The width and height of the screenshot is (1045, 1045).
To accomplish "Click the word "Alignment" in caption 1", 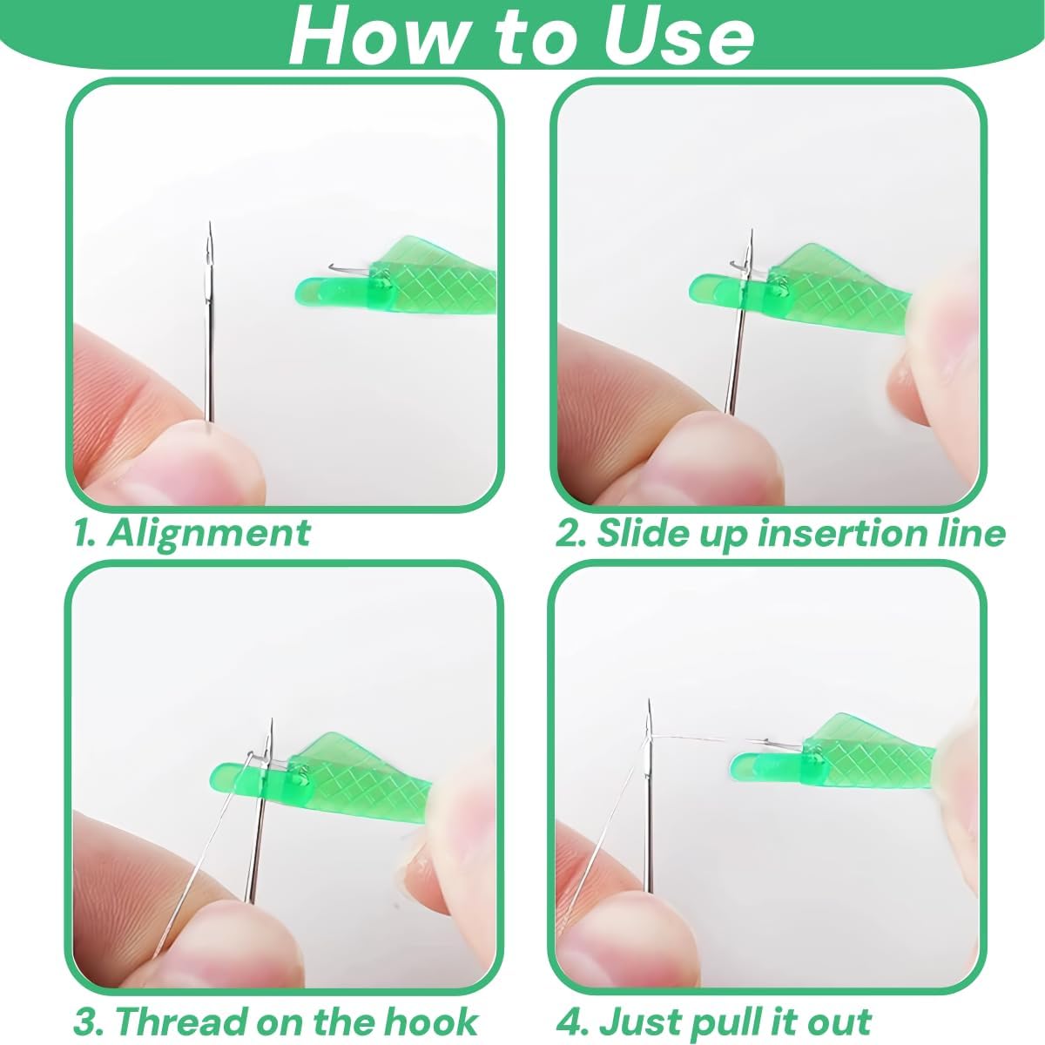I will click(x=209, y=532).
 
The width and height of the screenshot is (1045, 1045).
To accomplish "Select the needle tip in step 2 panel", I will click(x=751, y=233).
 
